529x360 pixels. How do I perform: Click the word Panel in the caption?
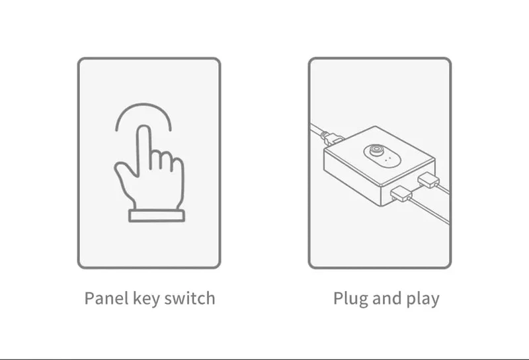106,298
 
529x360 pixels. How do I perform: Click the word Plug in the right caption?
350,299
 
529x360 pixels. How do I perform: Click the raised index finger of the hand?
143,149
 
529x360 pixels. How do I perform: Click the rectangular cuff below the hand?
157,216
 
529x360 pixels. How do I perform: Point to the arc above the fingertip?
143,105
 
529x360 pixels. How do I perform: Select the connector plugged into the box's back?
333,138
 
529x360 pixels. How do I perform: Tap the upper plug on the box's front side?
428,179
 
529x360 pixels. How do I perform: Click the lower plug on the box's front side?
401,193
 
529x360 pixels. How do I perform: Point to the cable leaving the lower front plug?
429,211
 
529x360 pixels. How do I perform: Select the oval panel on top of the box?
382,156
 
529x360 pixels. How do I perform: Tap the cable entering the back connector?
317,130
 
